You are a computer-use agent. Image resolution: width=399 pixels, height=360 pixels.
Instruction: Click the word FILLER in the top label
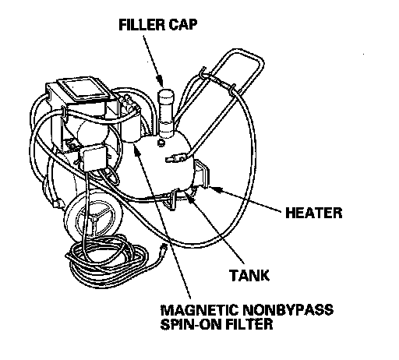point(142,25)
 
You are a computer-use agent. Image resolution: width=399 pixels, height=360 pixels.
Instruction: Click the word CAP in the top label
point(183,25)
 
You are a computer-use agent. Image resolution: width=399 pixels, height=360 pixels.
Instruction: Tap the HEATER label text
point(313,213)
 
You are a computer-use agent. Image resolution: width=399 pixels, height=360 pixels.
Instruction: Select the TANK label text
point(249,275)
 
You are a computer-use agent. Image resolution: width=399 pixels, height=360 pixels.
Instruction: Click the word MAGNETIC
point(199,310)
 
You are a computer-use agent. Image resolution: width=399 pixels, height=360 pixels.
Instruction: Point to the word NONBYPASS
point(288,310)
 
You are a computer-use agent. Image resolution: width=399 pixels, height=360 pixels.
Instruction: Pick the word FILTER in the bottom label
point(249,324)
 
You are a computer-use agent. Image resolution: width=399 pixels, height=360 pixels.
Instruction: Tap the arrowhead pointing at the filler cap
point(161,82)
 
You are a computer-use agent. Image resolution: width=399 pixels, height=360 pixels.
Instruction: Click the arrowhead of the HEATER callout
point(214,189)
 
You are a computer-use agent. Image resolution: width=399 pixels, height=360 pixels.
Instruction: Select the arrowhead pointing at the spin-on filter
point(136,150)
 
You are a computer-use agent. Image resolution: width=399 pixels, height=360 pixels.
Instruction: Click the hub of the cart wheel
point(95,220)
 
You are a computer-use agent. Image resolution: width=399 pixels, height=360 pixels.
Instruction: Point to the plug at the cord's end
point(164,248)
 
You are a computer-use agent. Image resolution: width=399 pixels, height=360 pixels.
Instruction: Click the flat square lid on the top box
point(84,88)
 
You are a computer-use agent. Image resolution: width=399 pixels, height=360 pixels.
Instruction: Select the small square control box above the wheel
point(93,157)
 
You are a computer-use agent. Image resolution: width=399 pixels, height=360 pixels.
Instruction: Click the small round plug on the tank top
point(161,142)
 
